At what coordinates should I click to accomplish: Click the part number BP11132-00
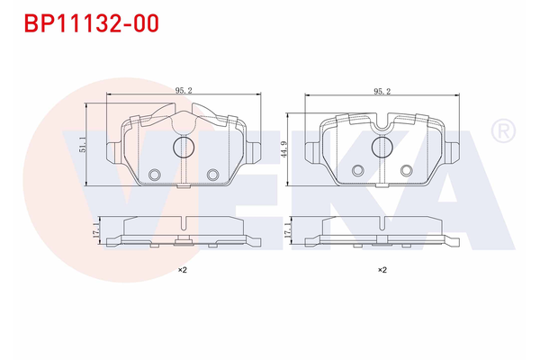pos(87,23)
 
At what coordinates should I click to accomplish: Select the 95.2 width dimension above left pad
pos(184,90)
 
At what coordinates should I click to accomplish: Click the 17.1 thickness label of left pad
pos(95,231)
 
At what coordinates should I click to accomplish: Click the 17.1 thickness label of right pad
pos(289,231)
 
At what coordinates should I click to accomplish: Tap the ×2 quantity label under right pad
pos(382,270)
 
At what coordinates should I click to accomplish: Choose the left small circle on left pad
pos(154,175)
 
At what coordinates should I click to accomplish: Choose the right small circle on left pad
pos(213,175)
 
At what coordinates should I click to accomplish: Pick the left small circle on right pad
pos(358,168)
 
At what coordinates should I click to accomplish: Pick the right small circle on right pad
pos(408,168)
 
